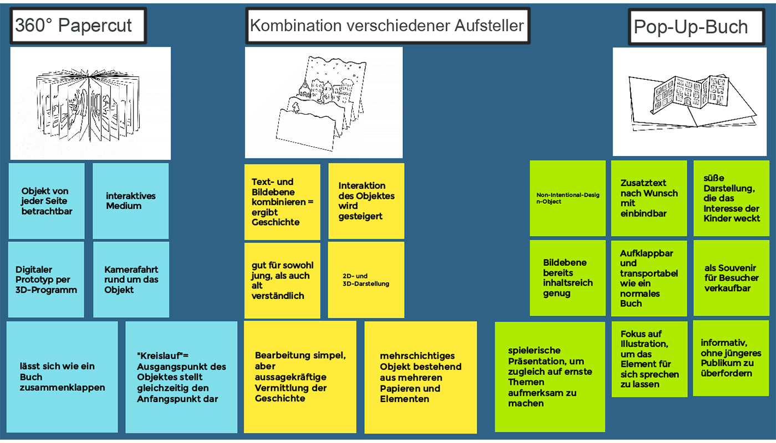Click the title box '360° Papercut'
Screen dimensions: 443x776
pyautogui.click(x=78, y=25)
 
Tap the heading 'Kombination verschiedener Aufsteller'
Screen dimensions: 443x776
pyautogui.click(x=387, y=25)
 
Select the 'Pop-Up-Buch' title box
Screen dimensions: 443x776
pyautogui.click(x=691, y=26)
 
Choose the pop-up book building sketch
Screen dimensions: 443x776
pyautogui.click(x=693, y=101)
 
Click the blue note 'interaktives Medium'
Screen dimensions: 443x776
pyautogui.click(x=130, y=201)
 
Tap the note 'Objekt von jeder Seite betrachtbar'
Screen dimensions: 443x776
pyautogui.click(x=47, y=201)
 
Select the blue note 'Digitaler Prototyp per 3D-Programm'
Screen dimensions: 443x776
pyautogui.click(x=46, y=280)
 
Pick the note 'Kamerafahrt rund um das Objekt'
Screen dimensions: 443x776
pyautogui.click(x=131, y=280)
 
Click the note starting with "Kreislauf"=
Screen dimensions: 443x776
pyautogui.click(x=181, y=377)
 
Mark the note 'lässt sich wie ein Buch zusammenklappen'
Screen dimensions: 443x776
pyautogui.click(x=62, y=377)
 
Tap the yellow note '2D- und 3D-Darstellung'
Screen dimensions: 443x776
pyautogui.click(x=366, y=280)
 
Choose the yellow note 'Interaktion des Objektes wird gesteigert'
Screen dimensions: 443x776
pyautogui.click(x=366, y=201)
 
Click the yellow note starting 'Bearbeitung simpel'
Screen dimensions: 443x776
pyautogui.click(x=300, y=377)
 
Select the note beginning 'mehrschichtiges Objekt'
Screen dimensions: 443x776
pyautogui.click(x=420, y=377)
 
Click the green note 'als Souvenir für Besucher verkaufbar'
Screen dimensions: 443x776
pyautogui.click(x=731, y=278)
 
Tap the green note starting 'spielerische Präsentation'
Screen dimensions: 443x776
pyautogui.click(x=550, y=377)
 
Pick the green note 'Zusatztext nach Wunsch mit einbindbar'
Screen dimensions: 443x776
pyautogui.click(x=649, y=198)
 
